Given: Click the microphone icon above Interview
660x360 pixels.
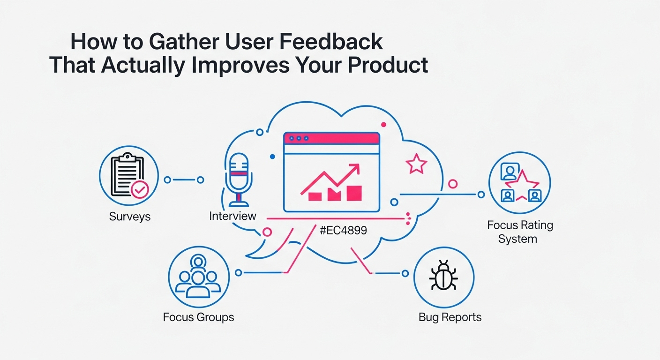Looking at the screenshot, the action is (239, 180).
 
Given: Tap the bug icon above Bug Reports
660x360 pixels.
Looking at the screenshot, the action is (443, 275).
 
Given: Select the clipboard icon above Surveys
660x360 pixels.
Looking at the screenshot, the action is (127, 175).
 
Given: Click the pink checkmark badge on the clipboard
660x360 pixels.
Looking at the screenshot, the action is (140, 190).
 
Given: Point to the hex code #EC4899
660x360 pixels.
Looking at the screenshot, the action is (343, 230).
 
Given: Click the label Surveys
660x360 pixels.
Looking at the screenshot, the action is (130, 217).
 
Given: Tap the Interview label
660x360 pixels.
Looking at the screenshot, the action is (232, 216).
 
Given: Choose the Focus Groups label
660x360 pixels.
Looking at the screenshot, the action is (198, 317).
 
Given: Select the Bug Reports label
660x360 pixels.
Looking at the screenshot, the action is (450, 317).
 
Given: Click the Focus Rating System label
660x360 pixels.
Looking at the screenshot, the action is (520, 232).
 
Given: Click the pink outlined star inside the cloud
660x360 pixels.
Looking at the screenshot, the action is (416, 164).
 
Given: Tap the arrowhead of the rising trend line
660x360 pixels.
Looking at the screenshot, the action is (355, 169).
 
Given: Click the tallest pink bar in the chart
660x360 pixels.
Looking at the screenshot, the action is (354, 193).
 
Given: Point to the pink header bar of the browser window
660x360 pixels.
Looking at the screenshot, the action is (331, 138).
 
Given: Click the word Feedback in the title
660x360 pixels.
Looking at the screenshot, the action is (331, 42).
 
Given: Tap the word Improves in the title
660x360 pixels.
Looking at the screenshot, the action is (240, 66).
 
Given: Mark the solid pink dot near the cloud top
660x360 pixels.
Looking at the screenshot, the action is (383, 125).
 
